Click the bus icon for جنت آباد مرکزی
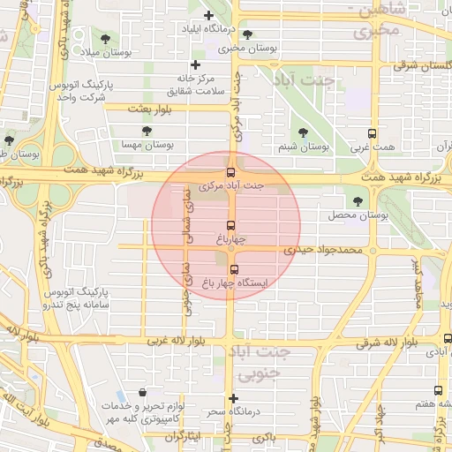231,172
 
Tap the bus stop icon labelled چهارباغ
231,225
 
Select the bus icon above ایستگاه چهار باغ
234,269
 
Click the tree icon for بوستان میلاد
106,39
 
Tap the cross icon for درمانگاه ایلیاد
208,16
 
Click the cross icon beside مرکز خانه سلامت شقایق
196,64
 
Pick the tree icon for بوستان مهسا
147,131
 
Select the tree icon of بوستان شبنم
303,132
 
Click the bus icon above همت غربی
372,134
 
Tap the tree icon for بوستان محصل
357,201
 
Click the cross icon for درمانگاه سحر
233,398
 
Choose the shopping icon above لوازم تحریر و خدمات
143,393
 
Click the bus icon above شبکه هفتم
438,390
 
